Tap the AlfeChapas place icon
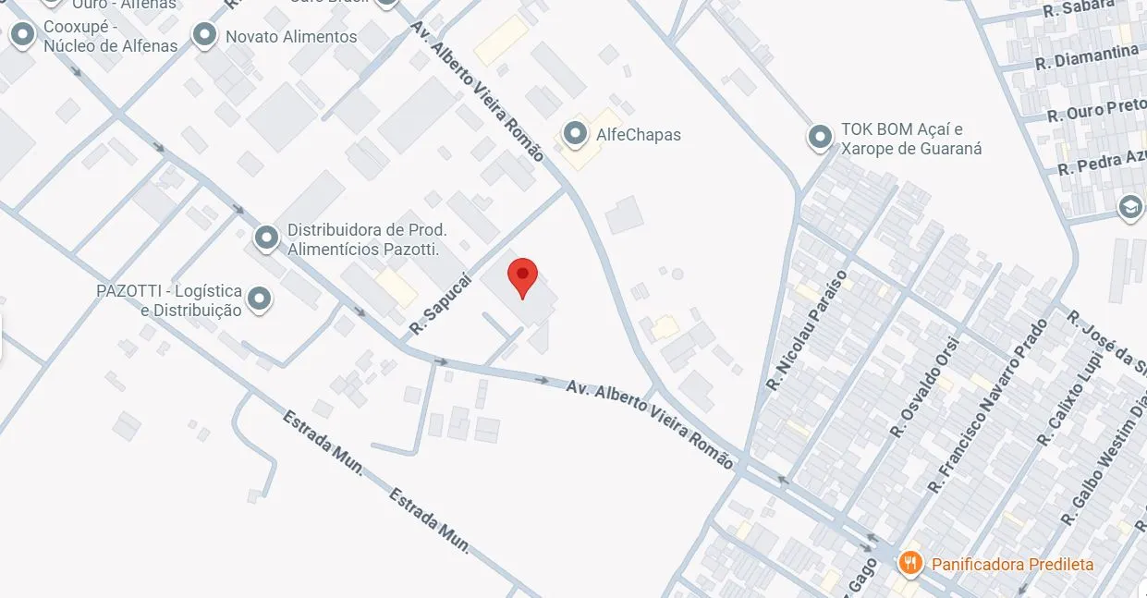576,134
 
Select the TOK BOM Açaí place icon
820,138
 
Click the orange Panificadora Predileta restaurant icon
910,562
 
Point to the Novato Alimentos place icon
204,35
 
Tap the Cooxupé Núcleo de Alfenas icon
22,35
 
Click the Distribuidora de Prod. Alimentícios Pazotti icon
267,238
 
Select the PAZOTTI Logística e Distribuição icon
261,299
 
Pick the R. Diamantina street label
1086,57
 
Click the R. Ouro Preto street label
1095,111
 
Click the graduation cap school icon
1130,207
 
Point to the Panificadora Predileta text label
1012,564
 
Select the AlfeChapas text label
639,135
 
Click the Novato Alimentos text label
291,37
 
